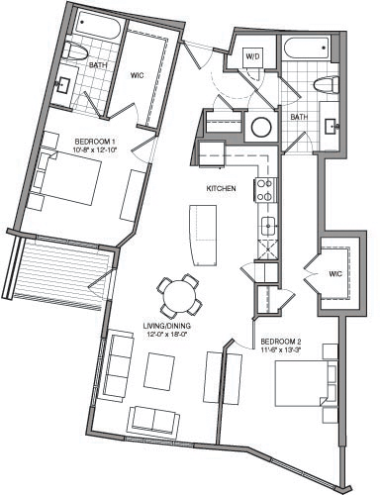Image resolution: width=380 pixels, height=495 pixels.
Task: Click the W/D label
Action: [x=251, y=58]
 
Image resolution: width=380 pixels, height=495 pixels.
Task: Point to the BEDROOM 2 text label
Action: [x=281, y=344]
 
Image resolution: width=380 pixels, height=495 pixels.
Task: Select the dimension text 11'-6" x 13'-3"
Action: [x=281, y=353]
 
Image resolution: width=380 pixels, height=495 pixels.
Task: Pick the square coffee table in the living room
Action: [x=161, y=371]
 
